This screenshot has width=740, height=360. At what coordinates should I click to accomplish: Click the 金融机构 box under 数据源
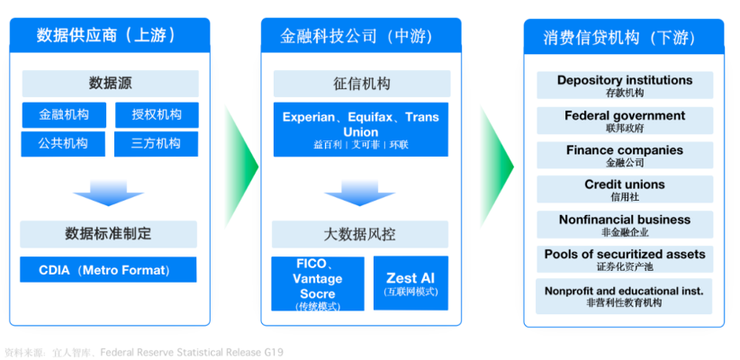click(64, 115)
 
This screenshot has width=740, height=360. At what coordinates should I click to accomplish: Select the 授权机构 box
click(157, 115)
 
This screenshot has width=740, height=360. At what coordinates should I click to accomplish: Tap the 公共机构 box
click(64, 143)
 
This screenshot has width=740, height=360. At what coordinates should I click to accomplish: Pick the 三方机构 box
click(157, 143)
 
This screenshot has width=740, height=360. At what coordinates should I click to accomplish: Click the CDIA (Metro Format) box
click(108, 270)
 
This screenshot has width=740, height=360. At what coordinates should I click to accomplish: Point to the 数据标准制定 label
click(108, 234)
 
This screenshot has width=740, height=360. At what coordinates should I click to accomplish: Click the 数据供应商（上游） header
click(108, 36)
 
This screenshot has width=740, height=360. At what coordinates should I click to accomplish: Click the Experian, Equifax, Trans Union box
click(360, 130)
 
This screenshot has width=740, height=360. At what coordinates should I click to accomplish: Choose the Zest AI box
click(410, 283)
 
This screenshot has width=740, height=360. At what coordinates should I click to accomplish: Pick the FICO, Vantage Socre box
click(317, 283)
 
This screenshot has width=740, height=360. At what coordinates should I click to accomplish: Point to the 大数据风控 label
click(360, 235)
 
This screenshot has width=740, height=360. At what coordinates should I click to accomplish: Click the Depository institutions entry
click(625, 85)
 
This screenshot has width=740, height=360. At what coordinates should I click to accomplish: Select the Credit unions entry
click(625, 189)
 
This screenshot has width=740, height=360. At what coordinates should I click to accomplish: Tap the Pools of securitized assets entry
click(625, 259)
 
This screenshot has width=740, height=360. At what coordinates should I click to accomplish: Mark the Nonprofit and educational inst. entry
click(625, 296)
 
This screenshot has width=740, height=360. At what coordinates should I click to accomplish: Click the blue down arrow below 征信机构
click(360, 193)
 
